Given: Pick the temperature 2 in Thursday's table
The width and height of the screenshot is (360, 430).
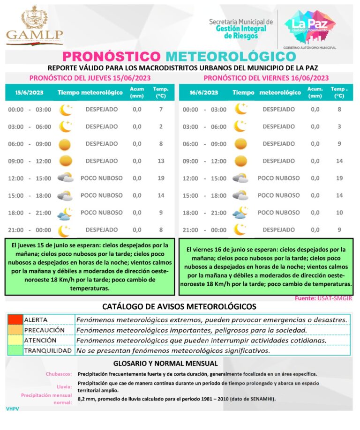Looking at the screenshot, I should [160, 126].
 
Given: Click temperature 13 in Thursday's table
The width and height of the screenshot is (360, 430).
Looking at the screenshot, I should [160, 161].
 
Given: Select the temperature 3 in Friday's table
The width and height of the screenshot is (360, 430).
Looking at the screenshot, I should [339, 126].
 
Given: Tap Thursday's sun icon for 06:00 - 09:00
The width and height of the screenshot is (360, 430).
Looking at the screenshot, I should [65, 144].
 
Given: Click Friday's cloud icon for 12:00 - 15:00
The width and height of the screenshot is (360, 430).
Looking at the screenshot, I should [240, 178].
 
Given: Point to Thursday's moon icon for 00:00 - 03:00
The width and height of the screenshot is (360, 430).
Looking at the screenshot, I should [65, 110].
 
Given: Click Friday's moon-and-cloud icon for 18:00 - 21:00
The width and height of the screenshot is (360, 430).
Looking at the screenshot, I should [240, 213].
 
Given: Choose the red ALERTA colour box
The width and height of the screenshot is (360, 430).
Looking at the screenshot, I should [15, 319].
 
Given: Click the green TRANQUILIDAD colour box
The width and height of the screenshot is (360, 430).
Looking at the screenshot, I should [15, 350].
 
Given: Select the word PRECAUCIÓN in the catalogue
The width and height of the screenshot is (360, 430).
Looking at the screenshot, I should [42, 330].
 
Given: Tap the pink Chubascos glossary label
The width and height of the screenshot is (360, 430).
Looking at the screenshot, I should [59, 374].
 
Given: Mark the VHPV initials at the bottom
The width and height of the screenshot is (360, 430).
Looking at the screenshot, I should [12, 409].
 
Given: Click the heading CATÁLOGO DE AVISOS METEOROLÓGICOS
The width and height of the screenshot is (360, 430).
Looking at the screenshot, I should [180, 307].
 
